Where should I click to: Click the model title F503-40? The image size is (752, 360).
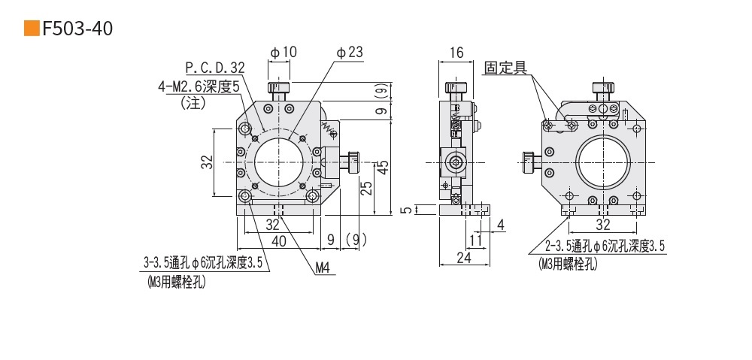coord(78,29)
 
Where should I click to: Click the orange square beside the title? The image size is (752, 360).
coord(32,29)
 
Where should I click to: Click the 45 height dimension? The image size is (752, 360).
coord(383,167)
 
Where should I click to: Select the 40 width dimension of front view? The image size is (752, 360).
coord(279,241)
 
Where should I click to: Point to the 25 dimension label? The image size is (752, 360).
coord(366,188)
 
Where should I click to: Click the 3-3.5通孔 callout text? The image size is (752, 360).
coord(202,263)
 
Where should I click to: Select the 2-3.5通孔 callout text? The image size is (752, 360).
coord(606,245)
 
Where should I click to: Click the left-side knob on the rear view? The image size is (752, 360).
coord(529,160)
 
